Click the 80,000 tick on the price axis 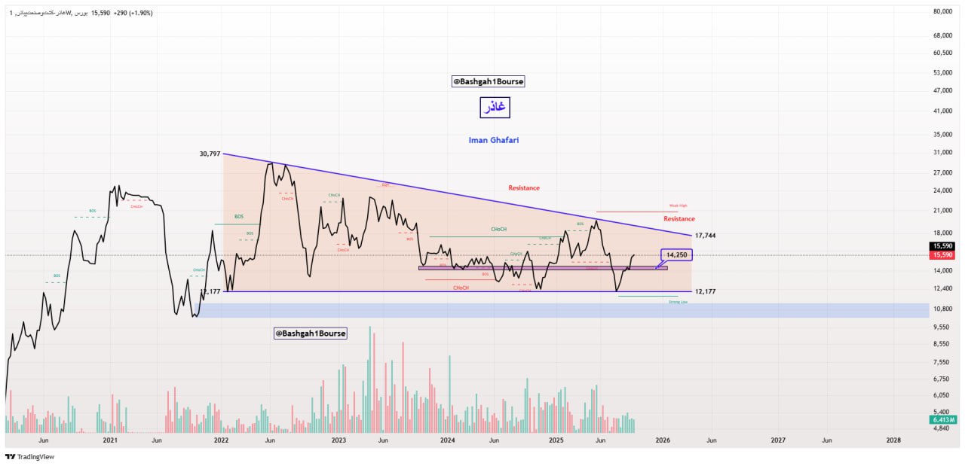(x=943, y=12)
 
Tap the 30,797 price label (x=210, y=154)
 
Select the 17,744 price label (x=706, y=236)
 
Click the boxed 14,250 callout (x=677, y=255)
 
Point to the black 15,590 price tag (x=943, y=246)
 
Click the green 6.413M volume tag (x=943, y=419)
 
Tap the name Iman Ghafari (x=493, y=140)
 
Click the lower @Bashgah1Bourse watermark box (x=310, y=333)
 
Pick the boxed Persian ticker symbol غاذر (x=495, y=108)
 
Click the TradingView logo (x=29, y=456)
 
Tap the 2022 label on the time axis (x=221, y=440)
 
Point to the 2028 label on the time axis (x=893, y=440)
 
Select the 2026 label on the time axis (x=663, y=440)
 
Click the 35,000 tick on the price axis (x=943, y=134)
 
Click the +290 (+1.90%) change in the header (x=133, y=13)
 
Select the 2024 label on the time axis (x=447, y=440)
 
